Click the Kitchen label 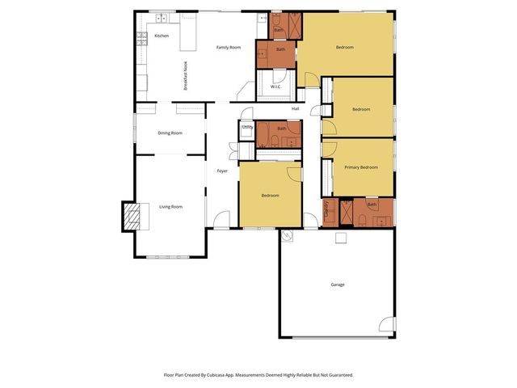[x=162, y=36]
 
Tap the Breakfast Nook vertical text [x=186, y=76]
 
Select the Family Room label [x=229, y=48]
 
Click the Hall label [x=295, y=108]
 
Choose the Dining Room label [x=170, y=133]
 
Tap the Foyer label [x=222, y=171]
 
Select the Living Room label [x=170, y=207]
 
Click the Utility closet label [x=247, y=127]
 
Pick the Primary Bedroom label [x=361, y=167]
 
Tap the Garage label [x=338, y=285]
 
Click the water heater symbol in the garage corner [x=287, y=236]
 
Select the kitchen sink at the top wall [x=162, y=17]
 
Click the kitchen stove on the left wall [x=141, y=36]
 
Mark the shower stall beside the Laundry [x=345, y=212]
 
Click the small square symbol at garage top [x=341, y=238]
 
